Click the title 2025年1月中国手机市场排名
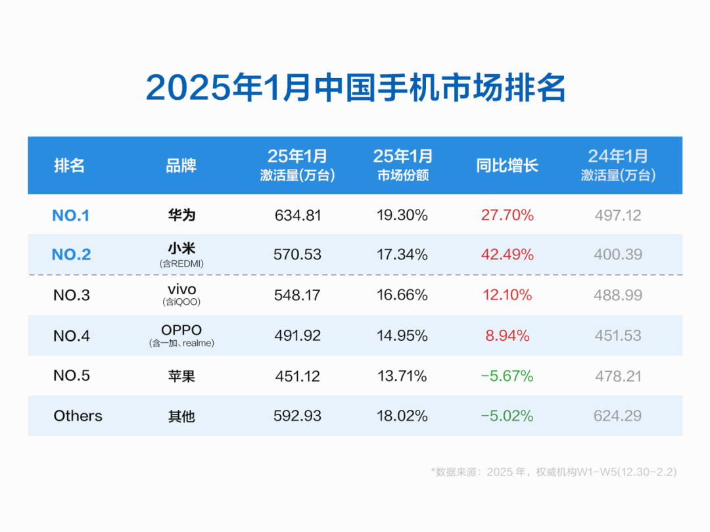coord(355,87)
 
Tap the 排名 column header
coord(69,165)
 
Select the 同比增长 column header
coord(507,165)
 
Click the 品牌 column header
coord(181,165)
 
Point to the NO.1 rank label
coord(70,215)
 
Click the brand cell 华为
coord(181,215)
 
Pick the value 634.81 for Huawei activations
coord(297,215)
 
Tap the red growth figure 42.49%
coord(507,254)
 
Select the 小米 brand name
coord(181,249)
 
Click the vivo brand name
coord(181,290)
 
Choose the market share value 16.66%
coord(402,295)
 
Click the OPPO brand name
coord(181,329)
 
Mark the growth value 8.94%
coord(507,336)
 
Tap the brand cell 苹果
coord(181,376)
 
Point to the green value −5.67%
coord(507,376)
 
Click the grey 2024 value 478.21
coord(618,376)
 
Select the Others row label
coord(78,416)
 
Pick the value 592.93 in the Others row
coord(297,416)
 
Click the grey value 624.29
coord(618,416)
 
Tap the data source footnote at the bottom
coord(554,472)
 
